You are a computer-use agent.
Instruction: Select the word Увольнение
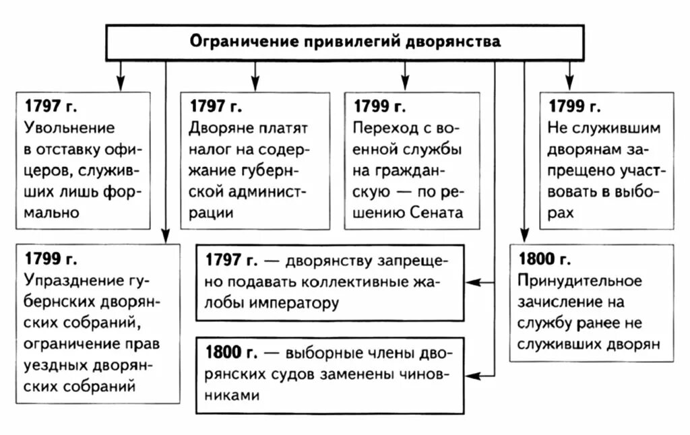[x=69, y=128]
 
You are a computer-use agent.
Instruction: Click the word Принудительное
[x=579, y=280]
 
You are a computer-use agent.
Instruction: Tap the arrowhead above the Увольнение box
[x=121, y=83]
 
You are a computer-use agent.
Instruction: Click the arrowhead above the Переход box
[x=405, y=83]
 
